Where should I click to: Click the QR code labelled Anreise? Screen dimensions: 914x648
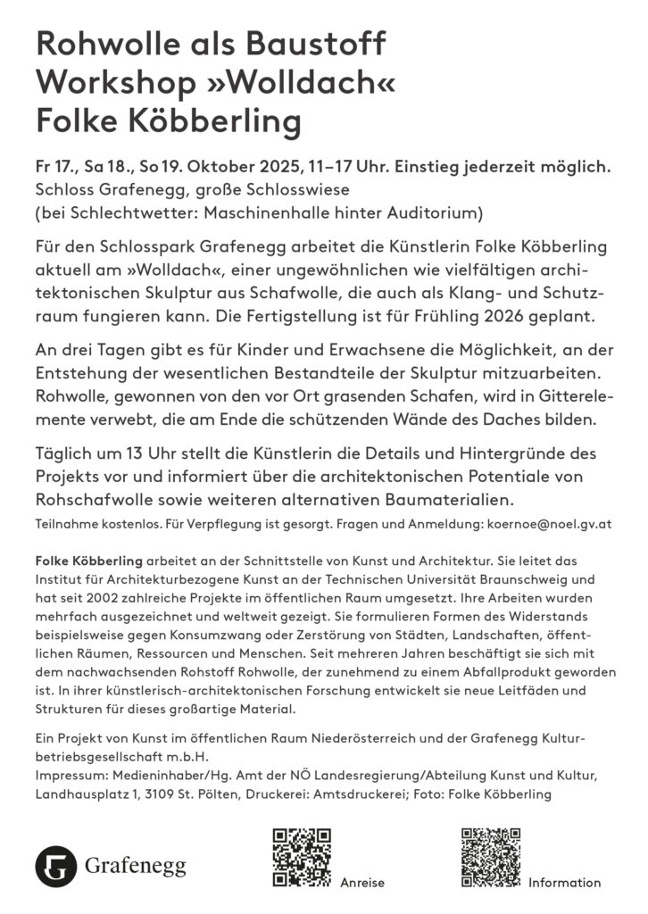tap(301, 858)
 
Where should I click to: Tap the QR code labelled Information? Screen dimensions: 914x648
tap(490, 858)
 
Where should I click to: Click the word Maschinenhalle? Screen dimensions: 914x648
tap(281, 213)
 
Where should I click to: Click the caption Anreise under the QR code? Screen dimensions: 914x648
tap(362, 883)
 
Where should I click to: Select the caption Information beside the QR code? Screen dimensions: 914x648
tap(564, 883)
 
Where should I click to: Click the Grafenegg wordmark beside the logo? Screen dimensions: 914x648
tap(136, 866)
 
